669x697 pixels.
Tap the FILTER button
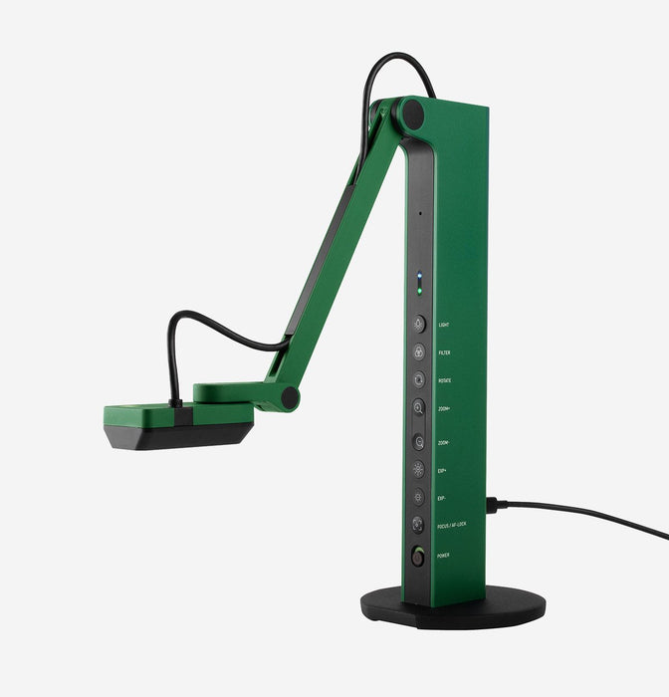(418, 351)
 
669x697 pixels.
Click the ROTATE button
(418, 380)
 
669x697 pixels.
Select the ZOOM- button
(418, 441)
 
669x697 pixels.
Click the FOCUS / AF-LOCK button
(418, 525)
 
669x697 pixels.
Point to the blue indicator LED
(419, 278)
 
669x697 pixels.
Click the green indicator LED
(419, 291)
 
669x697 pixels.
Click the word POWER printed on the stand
(442, 556)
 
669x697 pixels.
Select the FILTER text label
(444, 351)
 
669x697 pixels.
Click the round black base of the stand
(453, 607)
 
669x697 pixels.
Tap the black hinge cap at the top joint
(412, 115)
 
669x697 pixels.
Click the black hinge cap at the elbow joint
(290, 398)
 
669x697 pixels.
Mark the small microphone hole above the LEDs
(419, 213)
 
